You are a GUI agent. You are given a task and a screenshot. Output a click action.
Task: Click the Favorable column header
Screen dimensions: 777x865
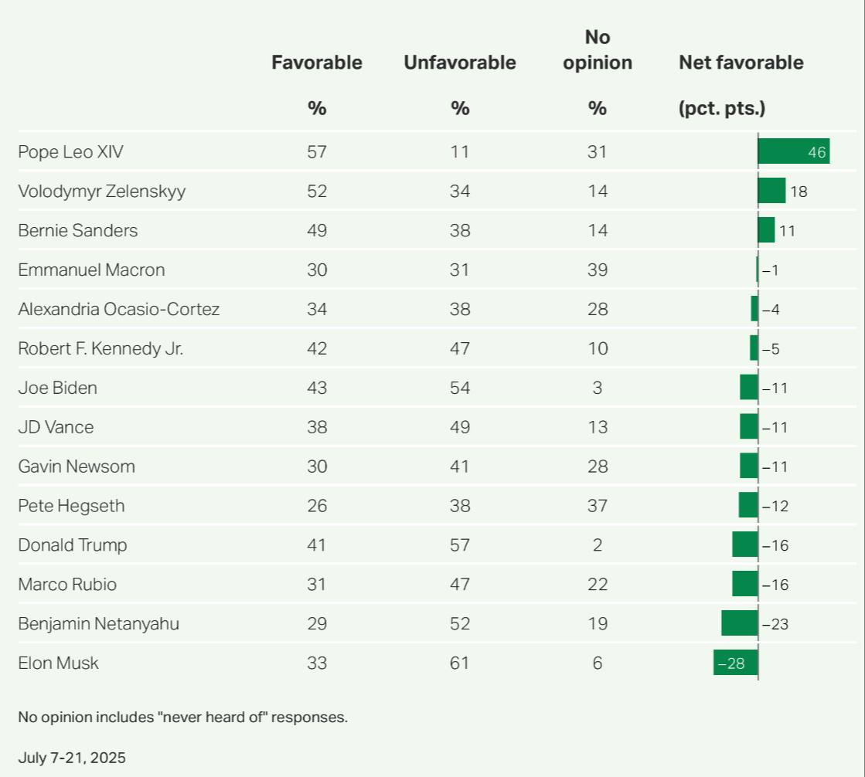pos(317,63)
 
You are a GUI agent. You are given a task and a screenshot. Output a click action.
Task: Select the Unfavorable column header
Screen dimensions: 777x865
pos(460,63)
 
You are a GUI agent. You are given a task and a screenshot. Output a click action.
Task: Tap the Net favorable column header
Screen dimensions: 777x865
pos(741,63)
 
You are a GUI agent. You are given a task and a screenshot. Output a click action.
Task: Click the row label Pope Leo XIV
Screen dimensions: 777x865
pos(70,152)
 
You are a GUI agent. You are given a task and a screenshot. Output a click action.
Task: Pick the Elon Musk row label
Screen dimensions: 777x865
pos(59,663)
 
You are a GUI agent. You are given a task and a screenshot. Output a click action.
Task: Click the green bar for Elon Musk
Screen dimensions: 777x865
pos(735,663)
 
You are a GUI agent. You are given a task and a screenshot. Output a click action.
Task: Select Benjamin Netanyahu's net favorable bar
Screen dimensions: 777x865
pos(740,623)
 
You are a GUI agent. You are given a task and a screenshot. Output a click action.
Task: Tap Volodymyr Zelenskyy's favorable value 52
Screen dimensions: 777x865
pos(317,192)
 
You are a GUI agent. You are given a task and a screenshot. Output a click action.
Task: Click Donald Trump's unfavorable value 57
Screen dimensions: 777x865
pos(460,545)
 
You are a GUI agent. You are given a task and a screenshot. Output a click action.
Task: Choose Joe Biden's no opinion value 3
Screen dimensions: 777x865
pos(598,388)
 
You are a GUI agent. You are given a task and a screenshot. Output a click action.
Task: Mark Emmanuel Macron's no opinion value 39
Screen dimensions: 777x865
pos(598,270)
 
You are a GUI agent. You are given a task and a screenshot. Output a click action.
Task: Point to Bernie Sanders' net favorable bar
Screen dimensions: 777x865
pos(766,230)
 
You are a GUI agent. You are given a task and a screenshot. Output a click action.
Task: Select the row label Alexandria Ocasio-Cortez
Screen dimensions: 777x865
pos(119,310)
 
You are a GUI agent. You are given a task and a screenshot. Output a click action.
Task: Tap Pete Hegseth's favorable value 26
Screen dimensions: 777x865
pos(317,506)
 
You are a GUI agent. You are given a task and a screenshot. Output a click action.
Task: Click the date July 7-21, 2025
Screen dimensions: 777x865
pos(72,757)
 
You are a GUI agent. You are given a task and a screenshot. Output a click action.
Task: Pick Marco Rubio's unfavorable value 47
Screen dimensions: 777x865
pos(460,585)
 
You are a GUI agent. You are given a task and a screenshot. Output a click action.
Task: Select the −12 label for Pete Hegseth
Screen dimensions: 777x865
pos(775,506)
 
